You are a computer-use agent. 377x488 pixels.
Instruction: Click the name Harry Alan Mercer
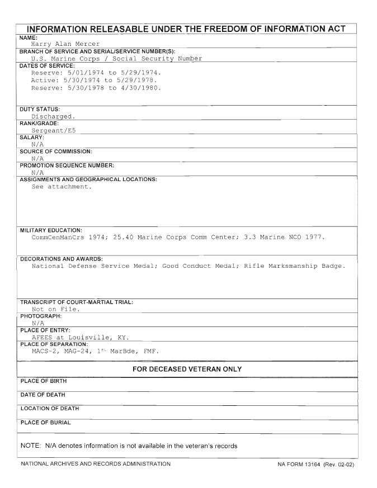click(65, 44)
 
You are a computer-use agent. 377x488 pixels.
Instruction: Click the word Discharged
click(53, 116)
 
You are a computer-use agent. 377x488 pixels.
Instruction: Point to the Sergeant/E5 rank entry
click(55, 130)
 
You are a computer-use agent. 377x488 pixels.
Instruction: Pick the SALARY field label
click(33, 137)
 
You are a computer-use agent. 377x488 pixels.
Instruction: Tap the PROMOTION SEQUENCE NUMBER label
click(67, 165)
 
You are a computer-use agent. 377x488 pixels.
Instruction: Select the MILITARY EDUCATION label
click(51, 230)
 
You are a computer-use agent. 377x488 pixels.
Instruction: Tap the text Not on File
click(55, 309)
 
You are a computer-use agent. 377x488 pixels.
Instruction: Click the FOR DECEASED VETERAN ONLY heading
click(187, 369)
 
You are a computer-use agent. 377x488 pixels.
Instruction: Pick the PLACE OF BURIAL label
click(46, 423)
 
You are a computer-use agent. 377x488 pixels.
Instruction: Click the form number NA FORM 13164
click(300, 465)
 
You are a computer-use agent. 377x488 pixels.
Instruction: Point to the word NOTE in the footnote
click(30, 446)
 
